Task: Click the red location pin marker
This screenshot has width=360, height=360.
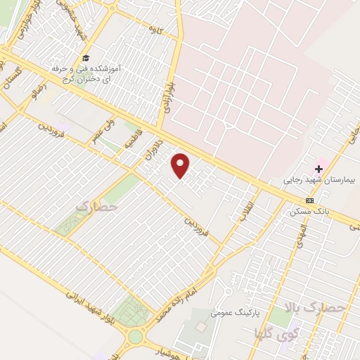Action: (x=181, y=166)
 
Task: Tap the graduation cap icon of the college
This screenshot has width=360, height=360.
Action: (x=86, y=58)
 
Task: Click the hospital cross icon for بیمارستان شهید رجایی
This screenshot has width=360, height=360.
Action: (x=319, y=169)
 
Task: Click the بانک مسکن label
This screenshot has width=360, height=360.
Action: (x=307, y=211)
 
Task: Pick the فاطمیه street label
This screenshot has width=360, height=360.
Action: (x=134, y=135)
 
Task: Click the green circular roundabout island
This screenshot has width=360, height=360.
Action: (x=134, y=337)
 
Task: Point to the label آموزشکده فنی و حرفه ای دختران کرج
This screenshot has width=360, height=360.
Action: (x=88, y=72)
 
